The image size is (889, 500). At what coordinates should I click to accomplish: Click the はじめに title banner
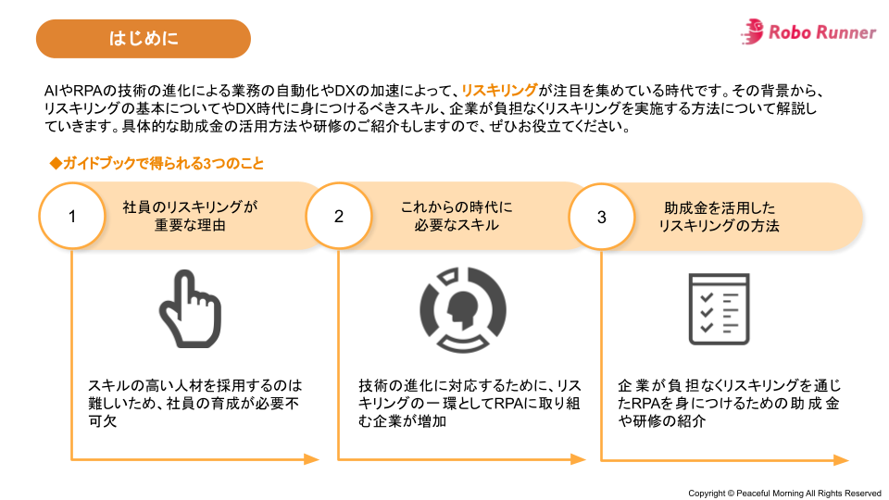point(143,39)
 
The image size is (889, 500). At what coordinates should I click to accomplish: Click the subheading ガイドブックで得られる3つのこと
point(157,164)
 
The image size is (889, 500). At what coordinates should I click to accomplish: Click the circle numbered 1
point(71,217)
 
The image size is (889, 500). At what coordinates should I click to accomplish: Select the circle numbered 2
point(338,217)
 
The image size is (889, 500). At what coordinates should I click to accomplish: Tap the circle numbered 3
point(601,217)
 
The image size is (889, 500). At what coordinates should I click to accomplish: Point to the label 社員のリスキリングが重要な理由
point(189,217)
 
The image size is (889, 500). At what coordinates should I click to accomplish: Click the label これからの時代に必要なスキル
point(457,217)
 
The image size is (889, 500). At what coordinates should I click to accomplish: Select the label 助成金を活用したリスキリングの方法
point(720,217)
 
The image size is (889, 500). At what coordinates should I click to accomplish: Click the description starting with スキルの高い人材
point(195,403)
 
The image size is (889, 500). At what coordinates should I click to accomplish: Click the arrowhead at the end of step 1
point(311,459)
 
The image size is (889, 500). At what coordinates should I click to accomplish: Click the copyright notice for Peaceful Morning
point(784,493)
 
